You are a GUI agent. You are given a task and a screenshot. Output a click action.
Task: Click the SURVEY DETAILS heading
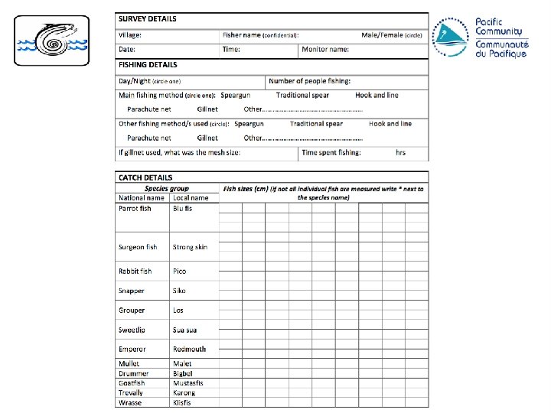coord(147,18)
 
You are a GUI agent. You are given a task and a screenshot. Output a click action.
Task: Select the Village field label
coord(129,35)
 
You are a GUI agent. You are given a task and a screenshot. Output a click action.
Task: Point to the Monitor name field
coord(325,50)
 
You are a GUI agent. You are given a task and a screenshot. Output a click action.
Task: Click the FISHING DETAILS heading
coord(148,65)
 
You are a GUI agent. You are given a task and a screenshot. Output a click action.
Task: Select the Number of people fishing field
coord(310,81)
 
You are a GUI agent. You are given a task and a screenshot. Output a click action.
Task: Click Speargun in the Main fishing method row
coord(236,96)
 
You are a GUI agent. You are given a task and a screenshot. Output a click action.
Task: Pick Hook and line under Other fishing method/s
coord(390,124)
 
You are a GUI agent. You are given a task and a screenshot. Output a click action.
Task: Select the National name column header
coord(142,198)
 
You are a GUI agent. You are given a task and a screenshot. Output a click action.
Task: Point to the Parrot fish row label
coord(135,208)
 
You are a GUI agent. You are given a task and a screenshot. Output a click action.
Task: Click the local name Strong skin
coord(190,247)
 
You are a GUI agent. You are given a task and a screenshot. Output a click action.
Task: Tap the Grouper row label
coord(132,311)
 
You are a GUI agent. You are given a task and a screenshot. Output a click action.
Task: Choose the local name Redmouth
coord(189,350)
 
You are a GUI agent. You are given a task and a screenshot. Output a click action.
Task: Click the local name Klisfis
coord(182,402)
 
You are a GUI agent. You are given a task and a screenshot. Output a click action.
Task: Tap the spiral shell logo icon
coord(52,43)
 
